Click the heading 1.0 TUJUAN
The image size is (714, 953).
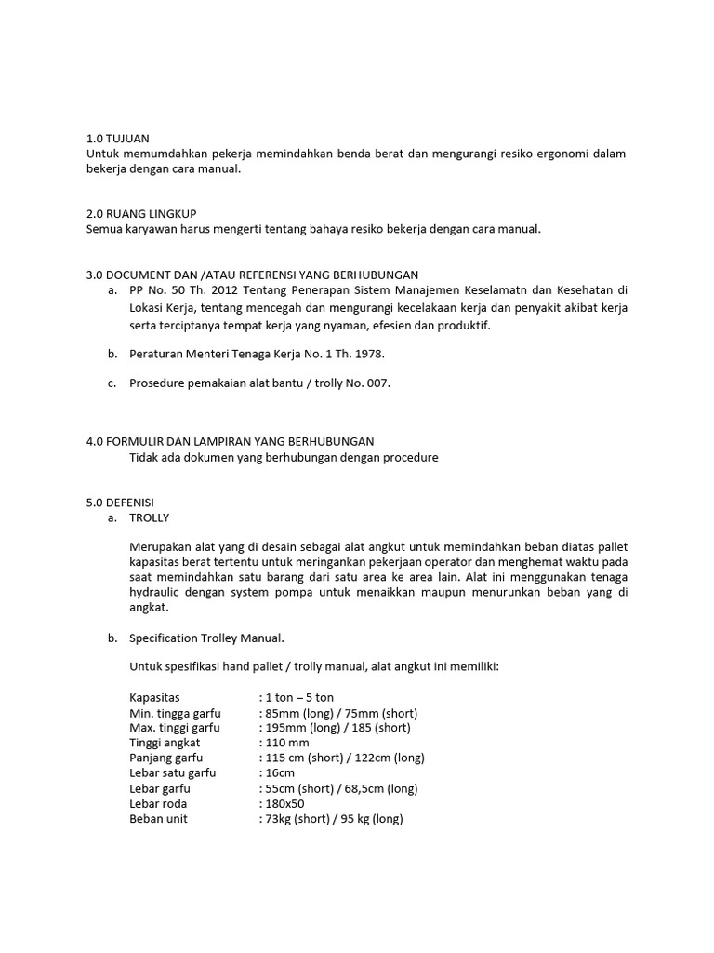coord(117,138)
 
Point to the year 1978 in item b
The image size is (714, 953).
coord(365,354)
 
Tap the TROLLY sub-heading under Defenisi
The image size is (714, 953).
coord(150,518)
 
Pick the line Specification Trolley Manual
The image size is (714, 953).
coord(206,638)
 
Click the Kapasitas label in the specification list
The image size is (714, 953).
coord(155,697)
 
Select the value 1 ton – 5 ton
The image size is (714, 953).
coord(299,697)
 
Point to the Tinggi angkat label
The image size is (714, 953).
coord(165,743)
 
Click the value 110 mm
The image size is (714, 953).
coord(287,743)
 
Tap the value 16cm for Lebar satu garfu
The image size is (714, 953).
coord(280,773)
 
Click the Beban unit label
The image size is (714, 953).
coord(159,819)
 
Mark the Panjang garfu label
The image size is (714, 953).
coord(166,758)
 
